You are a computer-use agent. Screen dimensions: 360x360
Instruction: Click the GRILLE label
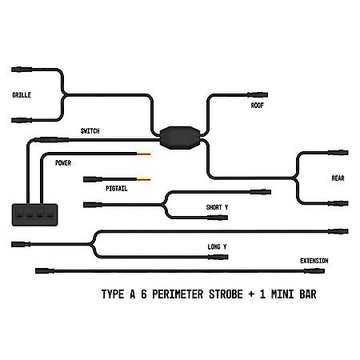[22, 95]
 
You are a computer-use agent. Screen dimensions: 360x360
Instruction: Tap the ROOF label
[258, 106]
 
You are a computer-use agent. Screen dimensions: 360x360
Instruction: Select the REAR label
[338, 178]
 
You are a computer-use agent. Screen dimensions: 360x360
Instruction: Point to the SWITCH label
[90, 131]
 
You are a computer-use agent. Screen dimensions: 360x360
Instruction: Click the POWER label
[63, 163]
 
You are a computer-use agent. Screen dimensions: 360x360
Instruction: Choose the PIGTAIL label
[117, 189]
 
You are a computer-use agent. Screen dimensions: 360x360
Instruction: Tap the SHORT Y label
[217, 207]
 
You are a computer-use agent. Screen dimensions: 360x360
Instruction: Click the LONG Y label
[217, 247]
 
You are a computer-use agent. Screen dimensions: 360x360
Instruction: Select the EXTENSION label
[314, 261]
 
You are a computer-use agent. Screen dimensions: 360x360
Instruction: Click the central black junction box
[180, 138]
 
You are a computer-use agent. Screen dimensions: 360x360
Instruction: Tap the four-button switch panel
[34, 215]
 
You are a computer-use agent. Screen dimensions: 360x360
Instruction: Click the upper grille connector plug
[22, 70]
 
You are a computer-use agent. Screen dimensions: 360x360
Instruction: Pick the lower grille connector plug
[22, 120]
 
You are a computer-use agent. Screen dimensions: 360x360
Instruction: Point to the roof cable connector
[258, 94]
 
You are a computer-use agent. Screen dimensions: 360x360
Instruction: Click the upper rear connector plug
[338, 153]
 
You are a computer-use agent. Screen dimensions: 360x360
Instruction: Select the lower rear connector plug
[338, 203]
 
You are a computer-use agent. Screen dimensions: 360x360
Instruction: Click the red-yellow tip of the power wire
[144, 154]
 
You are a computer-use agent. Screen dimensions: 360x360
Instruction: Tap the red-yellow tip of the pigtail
[144, 179]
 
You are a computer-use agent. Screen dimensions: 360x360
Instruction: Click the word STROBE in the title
[226, 294]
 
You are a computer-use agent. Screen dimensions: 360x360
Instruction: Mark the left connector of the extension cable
[45, 271]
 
